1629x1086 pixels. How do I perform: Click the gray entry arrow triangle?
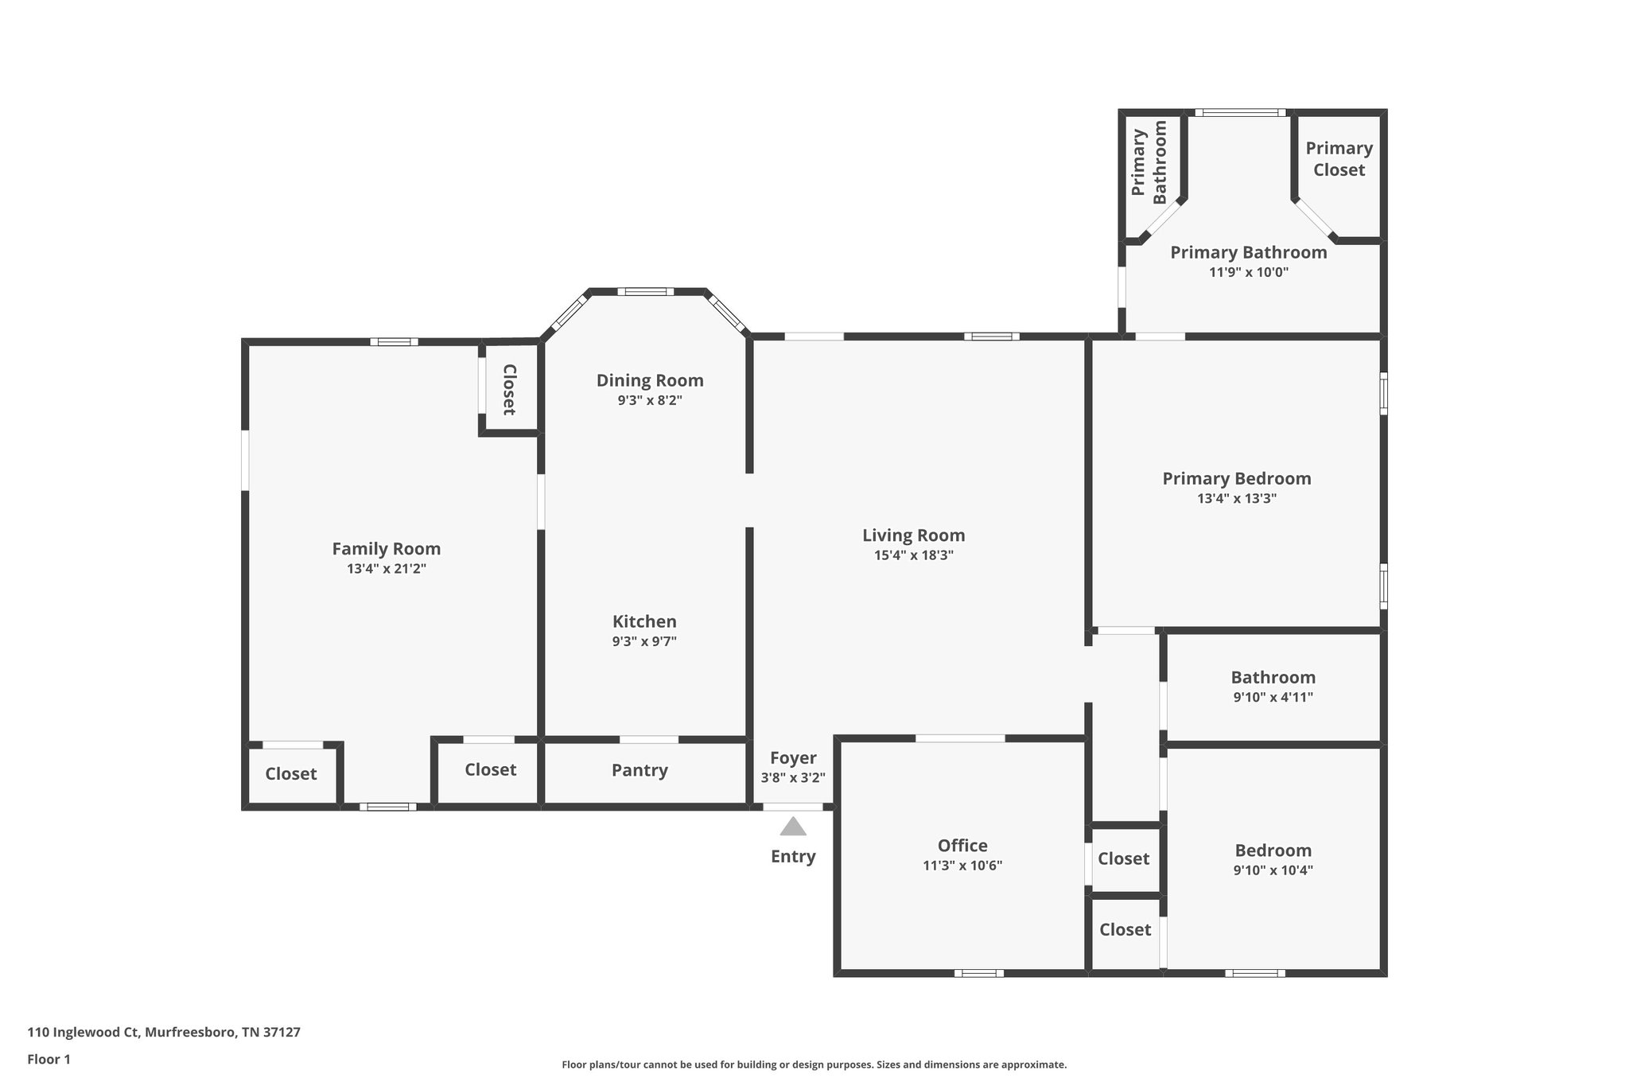[792, 827]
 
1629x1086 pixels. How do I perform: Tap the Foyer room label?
[792, 758]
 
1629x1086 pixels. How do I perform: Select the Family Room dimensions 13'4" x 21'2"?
[386, 569]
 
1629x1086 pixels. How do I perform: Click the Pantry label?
[640, 770]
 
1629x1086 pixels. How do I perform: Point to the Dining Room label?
[650, 380]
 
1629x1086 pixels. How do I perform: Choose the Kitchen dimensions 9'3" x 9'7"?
[644, 641]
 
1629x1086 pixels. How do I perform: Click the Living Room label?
[913, 535]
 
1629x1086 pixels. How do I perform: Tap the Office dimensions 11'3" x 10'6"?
[962, 866]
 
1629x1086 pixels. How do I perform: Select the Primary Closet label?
[1339, 158]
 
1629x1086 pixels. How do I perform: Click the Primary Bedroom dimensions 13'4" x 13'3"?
[1236, 499]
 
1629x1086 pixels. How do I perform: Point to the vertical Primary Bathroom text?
[1149, 162]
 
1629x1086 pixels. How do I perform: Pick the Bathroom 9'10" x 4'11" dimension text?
[1273, 698]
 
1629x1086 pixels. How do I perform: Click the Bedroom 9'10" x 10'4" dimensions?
[1273, 870]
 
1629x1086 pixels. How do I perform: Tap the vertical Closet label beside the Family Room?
[509, 389]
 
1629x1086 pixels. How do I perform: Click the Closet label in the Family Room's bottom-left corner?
[290, 774]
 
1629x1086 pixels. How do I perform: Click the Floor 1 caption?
[49, 1059]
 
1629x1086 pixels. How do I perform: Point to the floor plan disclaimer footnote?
[814, 1065]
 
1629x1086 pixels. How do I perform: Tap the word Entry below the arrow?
[792, 857]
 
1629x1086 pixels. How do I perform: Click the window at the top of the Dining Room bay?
[645, 292]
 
